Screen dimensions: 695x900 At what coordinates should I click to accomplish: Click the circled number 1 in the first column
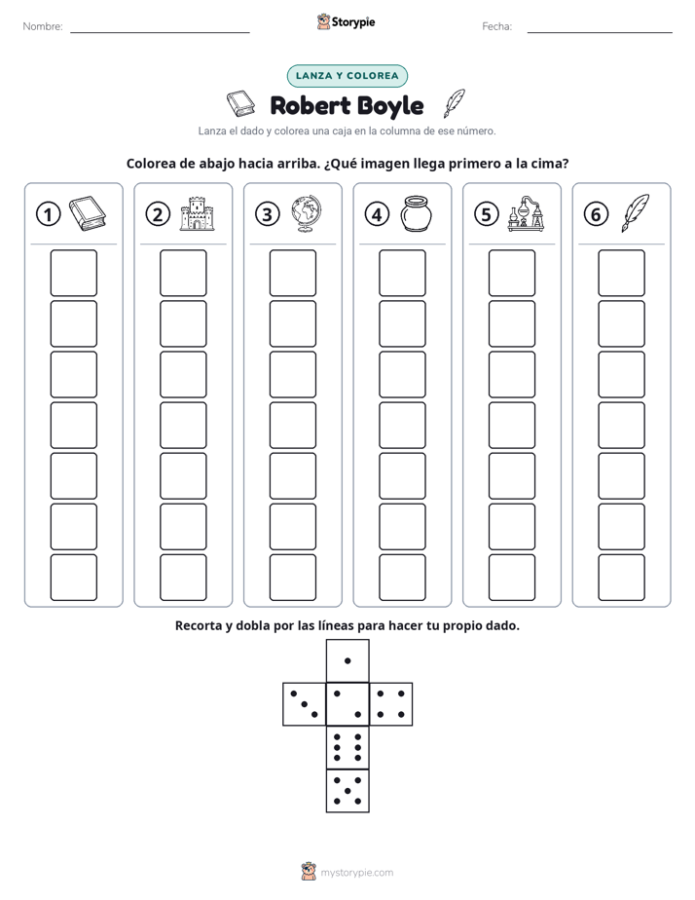point(48,214)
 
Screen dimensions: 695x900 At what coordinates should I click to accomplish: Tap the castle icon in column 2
point(197,213)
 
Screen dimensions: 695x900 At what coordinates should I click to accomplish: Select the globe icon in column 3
point(307,213)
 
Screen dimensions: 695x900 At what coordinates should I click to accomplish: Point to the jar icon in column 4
point(416,213)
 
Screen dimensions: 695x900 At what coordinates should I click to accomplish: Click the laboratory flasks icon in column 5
point(526,213)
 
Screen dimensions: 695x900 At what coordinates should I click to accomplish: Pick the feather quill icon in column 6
point(636,213)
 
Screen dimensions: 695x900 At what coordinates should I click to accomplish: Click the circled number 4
point(377,214)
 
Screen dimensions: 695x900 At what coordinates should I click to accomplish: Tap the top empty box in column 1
point(73,273)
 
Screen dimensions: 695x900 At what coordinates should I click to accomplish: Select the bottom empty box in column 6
point(621,578)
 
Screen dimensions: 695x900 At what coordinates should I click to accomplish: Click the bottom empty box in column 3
point(292,578)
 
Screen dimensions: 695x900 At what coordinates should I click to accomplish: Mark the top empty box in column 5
point(511,273)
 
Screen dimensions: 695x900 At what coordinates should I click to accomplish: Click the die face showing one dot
point(347,660)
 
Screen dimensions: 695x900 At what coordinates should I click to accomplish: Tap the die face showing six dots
point(347,747)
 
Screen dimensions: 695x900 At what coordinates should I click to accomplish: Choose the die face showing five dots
point(347,790)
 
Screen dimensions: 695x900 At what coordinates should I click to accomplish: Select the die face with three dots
point(305,703)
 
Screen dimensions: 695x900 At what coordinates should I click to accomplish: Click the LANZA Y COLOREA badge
point(347,76)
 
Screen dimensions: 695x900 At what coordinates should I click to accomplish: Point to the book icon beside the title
point(240,102)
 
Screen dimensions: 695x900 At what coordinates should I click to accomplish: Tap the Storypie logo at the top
point(347,21)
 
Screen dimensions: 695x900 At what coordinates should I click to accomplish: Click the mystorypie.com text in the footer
point(356,873)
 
